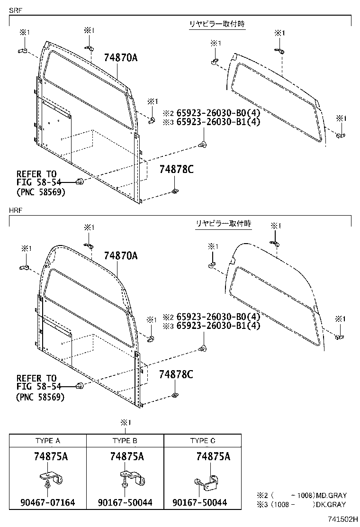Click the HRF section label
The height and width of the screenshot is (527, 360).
pyautogui.click(x=15, y=209)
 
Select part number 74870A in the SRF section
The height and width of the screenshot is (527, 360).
pyautogui.click(x=120, y=58)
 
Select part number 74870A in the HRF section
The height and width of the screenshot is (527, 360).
pyautogui.click(x=120, y=256)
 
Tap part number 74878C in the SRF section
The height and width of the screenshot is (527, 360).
pyautogui.click(x=176, y=170)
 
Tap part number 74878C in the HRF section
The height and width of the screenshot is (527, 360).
pyautogui.click(x=176, y=375)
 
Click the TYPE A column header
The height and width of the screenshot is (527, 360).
pyautogui.click(x=48, y=440)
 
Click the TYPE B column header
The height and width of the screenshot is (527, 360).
pyautogui.click(x=125, y=440)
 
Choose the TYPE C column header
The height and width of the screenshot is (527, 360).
pyautogui.click(x=203, y=440)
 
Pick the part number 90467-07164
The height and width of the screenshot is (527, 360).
pyautogui.click(x=48, y=502)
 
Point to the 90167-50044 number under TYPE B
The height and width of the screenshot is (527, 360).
pyautogui.click(x=125, y=502)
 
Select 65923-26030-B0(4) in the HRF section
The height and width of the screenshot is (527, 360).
pyautogui.click(x=211, y=317)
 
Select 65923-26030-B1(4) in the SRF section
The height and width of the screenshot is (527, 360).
pyautogui.click(x=211, y=121)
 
